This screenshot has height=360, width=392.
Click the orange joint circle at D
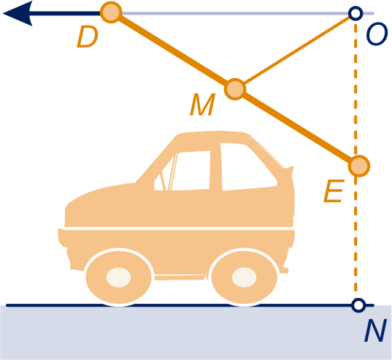coord(111,12)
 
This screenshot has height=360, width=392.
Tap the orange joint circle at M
coord(235,89)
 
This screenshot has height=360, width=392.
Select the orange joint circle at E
coord(359,166)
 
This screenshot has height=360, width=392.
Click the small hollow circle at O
coord(356,13)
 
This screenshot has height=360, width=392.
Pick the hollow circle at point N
coord(358,305)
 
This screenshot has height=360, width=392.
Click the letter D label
coord(87,37)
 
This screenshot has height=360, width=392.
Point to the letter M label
coord(202,104)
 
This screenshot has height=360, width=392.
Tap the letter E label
coord(334,191)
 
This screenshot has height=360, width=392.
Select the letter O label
coord(377,34)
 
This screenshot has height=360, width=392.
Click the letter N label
coord(375,330)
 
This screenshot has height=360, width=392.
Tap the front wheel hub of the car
coord(118,277)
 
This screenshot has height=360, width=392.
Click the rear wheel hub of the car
coord(245,277)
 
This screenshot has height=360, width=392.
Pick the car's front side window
coord(191,171)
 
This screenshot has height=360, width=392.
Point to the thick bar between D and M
coord(173,50)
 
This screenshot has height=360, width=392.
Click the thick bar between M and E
coord(297,128)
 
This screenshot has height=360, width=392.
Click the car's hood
coord(100,197)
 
